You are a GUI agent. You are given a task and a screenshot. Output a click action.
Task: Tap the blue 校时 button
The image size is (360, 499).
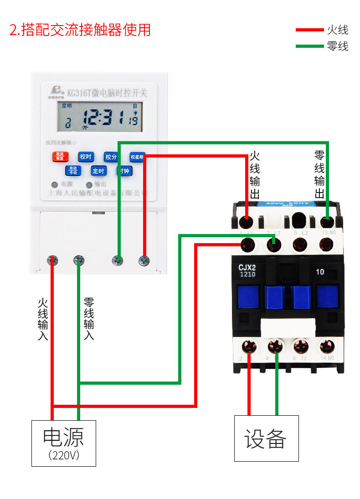[x=86, y=157]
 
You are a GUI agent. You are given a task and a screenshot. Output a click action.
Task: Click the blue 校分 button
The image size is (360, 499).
[x=111, y=157]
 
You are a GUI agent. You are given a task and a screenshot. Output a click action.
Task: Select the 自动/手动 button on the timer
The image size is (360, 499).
[x=73, y=171]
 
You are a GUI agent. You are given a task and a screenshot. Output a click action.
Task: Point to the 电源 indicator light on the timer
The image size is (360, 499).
[x=55, y=185]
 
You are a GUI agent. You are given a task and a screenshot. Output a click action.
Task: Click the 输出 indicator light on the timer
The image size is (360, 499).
[x=89, y=185]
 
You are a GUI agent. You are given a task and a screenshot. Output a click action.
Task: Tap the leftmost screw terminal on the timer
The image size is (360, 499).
[x=53, y=260]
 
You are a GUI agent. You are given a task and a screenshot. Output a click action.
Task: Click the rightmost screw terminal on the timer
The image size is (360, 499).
[x=144, y=261]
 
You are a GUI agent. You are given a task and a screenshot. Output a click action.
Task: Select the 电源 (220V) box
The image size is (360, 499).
[x=64, y=443]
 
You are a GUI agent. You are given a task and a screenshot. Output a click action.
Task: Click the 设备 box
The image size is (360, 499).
[x=267, y=438]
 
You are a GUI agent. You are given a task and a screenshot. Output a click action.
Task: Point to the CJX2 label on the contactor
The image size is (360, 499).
[x=247, y=268]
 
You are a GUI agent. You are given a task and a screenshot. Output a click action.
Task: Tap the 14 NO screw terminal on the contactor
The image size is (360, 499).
[x=326, y=346]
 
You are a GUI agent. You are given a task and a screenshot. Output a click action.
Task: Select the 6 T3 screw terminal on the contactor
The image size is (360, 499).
[x=300, y=346]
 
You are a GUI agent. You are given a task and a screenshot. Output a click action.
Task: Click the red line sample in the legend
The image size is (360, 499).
[x=309, y=30]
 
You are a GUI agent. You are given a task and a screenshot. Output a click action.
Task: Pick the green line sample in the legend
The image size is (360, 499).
[x=309, y=46]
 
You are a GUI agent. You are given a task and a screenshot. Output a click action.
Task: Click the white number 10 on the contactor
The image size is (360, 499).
[x=320, y=272]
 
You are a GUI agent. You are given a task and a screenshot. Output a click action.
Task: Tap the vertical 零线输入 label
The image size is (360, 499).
[x=89, y=319]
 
